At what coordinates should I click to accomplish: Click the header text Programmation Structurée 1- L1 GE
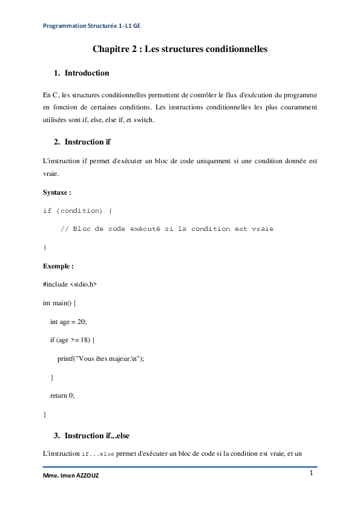[93, 26]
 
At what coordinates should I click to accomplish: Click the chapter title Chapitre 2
[180, 48]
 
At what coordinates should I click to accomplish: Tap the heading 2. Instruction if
[82, 141]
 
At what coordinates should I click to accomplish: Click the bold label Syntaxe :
[57, 192]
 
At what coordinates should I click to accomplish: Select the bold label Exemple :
[58, 265]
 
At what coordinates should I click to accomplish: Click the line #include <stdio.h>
[70, 284]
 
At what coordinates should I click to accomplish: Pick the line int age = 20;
[69, 321]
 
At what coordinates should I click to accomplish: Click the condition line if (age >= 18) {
[76, 340]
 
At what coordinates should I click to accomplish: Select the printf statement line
[101, 358]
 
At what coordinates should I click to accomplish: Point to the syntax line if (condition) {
[77, 210]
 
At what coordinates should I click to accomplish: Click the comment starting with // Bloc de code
[171, 229]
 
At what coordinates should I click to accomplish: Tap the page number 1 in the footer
[311, 473]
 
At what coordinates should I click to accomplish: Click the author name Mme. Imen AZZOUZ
[71, 476]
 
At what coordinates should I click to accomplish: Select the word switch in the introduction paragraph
[145, 120]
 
